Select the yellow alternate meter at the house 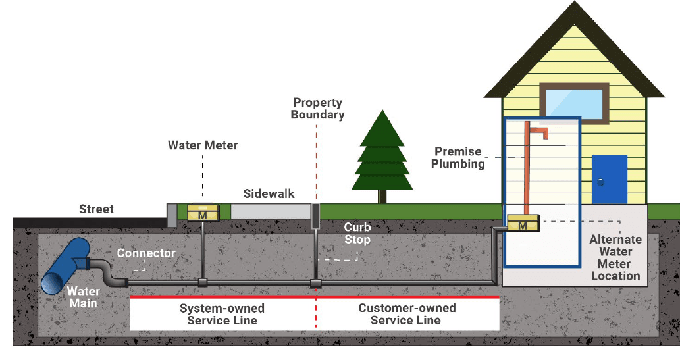coord(523,225)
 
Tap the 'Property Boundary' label coord(318,109)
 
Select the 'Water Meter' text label coord(203,145)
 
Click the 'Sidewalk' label coord(269,194)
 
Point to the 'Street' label coord(96,209)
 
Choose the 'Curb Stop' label coord(357,233)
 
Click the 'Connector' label coord(146,253)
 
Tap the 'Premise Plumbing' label coord(458,158)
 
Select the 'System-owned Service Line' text coord(222,315)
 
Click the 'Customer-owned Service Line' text coord(406,315)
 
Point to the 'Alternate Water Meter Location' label coord(615,258)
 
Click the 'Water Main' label coord(84,297)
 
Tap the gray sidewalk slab coord(270,211)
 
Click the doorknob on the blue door coord(600,181)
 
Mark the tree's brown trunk coord(382,195)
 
